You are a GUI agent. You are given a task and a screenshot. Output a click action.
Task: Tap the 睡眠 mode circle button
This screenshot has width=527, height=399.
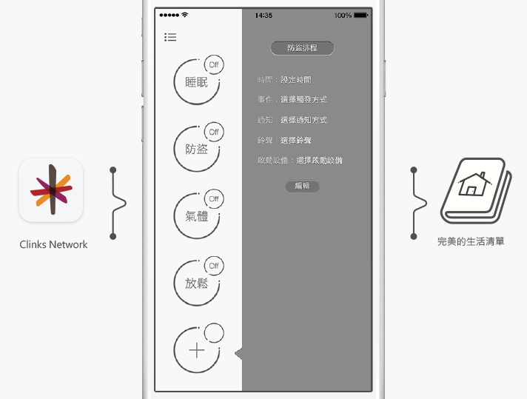tap(196, 82)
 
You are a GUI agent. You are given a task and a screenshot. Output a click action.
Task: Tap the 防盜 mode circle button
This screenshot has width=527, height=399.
tap(196, 150)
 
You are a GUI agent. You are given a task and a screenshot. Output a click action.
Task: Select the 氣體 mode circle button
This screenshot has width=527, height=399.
tap(196, 217)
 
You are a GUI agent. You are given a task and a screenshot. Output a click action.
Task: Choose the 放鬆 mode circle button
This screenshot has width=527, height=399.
tap(196, 284)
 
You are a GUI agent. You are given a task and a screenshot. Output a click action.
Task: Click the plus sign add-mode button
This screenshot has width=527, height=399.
tap(196, 350)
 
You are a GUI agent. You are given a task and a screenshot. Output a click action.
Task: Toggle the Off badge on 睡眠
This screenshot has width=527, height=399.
tap(214, 65)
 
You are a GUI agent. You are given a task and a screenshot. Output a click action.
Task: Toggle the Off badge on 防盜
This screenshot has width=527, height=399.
tap(214, 133)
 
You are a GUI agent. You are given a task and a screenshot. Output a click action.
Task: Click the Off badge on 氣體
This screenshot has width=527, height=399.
tap(214, 199)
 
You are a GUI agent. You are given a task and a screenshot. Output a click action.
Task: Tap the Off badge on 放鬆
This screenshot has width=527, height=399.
tap(214, 266)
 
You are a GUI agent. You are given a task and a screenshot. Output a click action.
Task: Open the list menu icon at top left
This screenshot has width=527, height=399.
tap(171, 37)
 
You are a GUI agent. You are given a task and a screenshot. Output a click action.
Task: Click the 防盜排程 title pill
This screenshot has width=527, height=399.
tap(302, 48)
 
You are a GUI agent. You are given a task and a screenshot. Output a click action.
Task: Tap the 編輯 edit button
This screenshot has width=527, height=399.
tap(302, 187)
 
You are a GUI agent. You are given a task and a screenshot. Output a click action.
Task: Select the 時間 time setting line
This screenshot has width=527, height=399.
tap(285, 79)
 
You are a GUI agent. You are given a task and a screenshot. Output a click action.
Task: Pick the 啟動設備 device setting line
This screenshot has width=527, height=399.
tap(300, 160)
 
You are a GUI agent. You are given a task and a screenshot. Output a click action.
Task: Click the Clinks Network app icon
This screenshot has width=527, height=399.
tap(51, 190)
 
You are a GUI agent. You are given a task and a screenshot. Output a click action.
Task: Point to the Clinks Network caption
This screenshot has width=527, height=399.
tap(53, 244)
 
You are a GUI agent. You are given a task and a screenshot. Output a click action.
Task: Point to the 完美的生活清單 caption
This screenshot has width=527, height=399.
tap(471, 241)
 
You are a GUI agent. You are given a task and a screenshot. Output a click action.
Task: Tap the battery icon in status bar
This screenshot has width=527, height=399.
tap(361, 16)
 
